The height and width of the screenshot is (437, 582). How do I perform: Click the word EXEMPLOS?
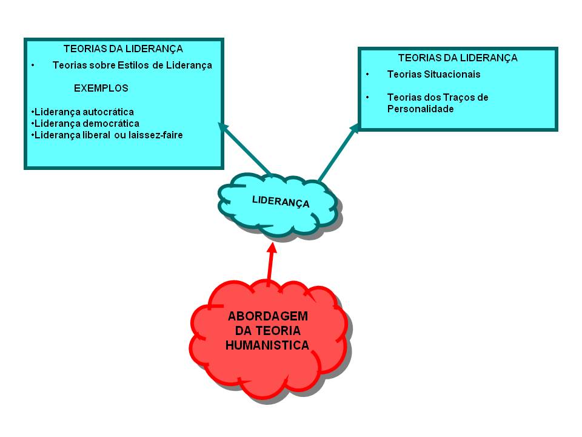point(101,88)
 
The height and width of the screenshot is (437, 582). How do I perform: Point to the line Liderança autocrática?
point(83,112)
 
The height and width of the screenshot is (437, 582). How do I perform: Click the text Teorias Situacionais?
point(433,75)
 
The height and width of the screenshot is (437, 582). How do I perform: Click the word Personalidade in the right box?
point(420,109)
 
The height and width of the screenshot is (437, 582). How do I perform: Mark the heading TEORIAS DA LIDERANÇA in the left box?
point(123,49)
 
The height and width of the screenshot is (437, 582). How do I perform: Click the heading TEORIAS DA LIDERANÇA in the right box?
point(458,58)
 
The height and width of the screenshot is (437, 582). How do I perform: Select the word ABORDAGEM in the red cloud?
point(268,316)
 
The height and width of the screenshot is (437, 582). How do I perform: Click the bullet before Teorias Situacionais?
point(367,75)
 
